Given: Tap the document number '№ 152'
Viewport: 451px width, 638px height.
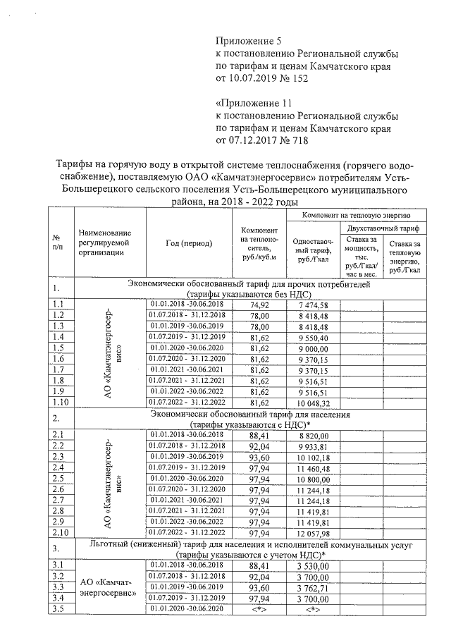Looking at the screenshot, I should [x=294, y=78].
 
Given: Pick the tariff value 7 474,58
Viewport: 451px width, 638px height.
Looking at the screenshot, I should [x=314, y=305].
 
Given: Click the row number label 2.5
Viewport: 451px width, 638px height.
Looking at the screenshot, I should [x=58, y=478].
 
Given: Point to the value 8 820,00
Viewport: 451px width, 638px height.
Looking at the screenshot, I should [x=314, y=435].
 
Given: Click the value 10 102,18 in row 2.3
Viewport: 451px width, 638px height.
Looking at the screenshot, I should [x=314, y=457].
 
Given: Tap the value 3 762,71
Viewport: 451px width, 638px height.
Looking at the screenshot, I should [x=314, y=587].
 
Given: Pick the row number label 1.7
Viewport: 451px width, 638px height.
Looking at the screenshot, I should [x=58, y=369].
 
